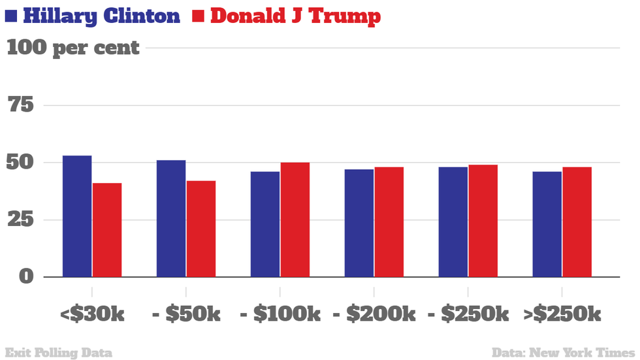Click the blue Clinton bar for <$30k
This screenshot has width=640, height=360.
point(77,216)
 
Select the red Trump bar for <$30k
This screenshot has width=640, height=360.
point(107,230)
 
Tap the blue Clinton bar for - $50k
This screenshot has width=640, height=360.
point(171,218)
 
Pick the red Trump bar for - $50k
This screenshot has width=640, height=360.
point(201,229)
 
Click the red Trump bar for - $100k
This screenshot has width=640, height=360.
point(295,220)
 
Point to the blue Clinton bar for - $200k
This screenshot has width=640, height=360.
point(359,223)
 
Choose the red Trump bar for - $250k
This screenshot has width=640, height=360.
point(483,221)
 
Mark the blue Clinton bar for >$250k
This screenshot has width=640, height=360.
point(547,224)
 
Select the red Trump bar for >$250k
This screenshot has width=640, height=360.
point(577,222)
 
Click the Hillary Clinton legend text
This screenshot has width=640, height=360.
point(101,16)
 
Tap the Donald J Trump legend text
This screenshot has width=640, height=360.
point(295,16)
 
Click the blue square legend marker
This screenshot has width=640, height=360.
point(11,15)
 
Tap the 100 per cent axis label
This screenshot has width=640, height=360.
point(73,48)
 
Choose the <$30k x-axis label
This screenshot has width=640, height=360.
point(92,314)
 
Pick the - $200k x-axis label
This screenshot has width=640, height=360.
point(374,314)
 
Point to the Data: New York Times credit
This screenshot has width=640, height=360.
point(563,353)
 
